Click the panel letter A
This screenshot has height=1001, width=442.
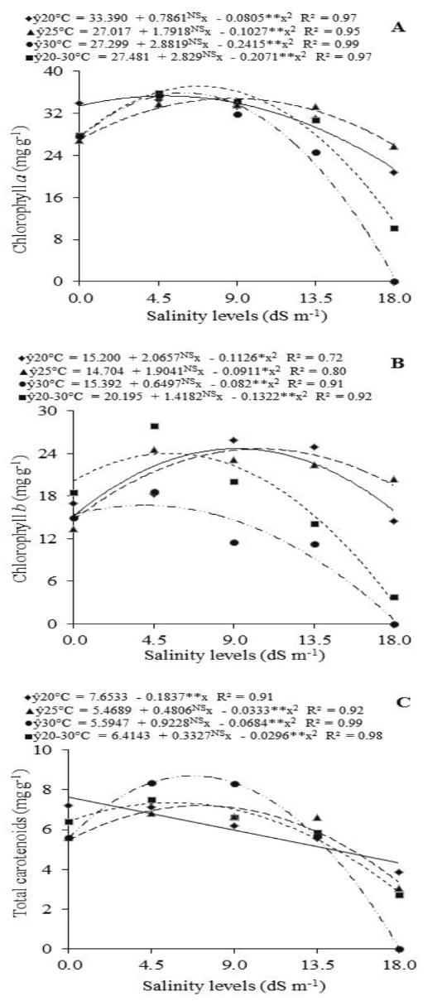pos(399,27)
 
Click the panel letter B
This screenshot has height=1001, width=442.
pos(399,361)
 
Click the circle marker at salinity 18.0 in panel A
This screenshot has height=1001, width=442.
pos(395,282)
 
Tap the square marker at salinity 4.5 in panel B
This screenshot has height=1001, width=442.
pos(154,426)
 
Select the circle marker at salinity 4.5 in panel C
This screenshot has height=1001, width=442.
pos(152,782)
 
